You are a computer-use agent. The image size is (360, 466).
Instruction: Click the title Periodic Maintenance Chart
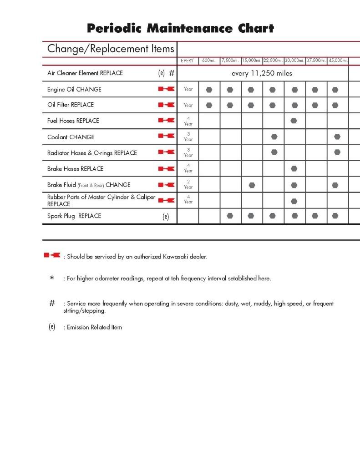[x=180, y=29]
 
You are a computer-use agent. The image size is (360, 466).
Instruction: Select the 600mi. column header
[x=209, y=61]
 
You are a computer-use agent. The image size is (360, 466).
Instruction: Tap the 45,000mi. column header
[x=338, y=61]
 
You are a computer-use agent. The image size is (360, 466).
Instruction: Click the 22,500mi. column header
[x=273, y=61]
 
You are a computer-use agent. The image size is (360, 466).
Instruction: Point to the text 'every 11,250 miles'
[x=262, y=73]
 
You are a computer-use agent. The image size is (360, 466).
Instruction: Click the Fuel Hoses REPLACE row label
[x=73, y=121]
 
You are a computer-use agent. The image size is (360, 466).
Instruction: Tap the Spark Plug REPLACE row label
[x=74, y=216]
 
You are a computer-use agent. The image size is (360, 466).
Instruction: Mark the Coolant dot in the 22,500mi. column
[x=274, y=137]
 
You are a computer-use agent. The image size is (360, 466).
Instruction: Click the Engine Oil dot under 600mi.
[x=209, y=90]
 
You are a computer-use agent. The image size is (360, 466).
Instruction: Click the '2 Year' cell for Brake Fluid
[x=188, y=184]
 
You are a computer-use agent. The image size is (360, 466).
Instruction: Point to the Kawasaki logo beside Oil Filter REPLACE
[x=166, y=105]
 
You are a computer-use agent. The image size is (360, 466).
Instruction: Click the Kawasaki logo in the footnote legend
[x=52, y=256]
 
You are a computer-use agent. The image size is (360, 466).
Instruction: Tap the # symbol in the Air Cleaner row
[x=172, y=73]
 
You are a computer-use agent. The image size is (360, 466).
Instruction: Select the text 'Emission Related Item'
[x=94, y=327]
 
